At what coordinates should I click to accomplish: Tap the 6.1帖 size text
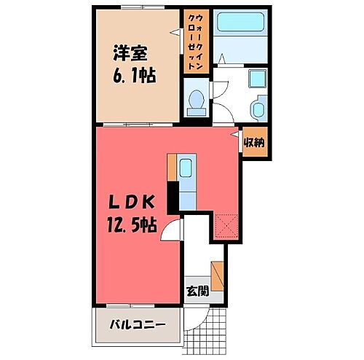point(135,76)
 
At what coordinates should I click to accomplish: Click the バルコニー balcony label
point(136,323)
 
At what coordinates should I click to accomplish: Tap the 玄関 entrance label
point(196,291)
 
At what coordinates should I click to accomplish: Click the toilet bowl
point(195,103)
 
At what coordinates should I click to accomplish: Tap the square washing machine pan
point(256,82)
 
